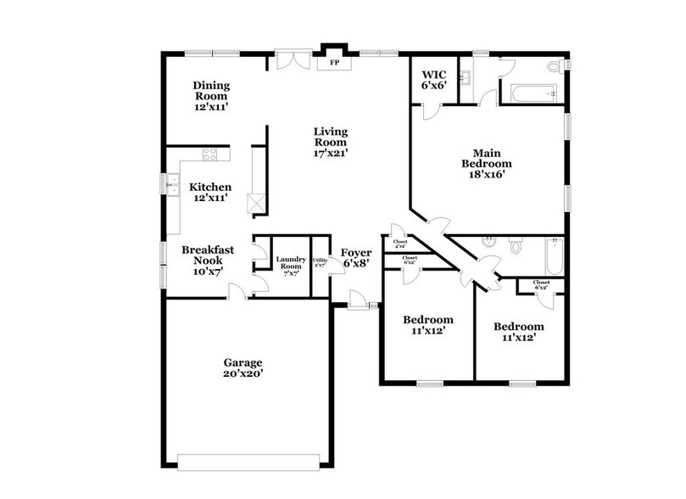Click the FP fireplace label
[333, 63]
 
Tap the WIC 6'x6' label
[433, 79]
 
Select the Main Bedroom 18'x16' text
[487, 162]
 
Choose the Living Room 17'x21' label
[332, 142]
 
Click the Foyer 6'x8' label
[355, 257]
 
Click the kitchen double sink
[172, 185]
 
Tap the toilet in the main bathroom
[555, 66]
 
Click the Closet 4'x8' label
[400, 244]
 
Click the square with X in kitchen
[256, 203]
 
